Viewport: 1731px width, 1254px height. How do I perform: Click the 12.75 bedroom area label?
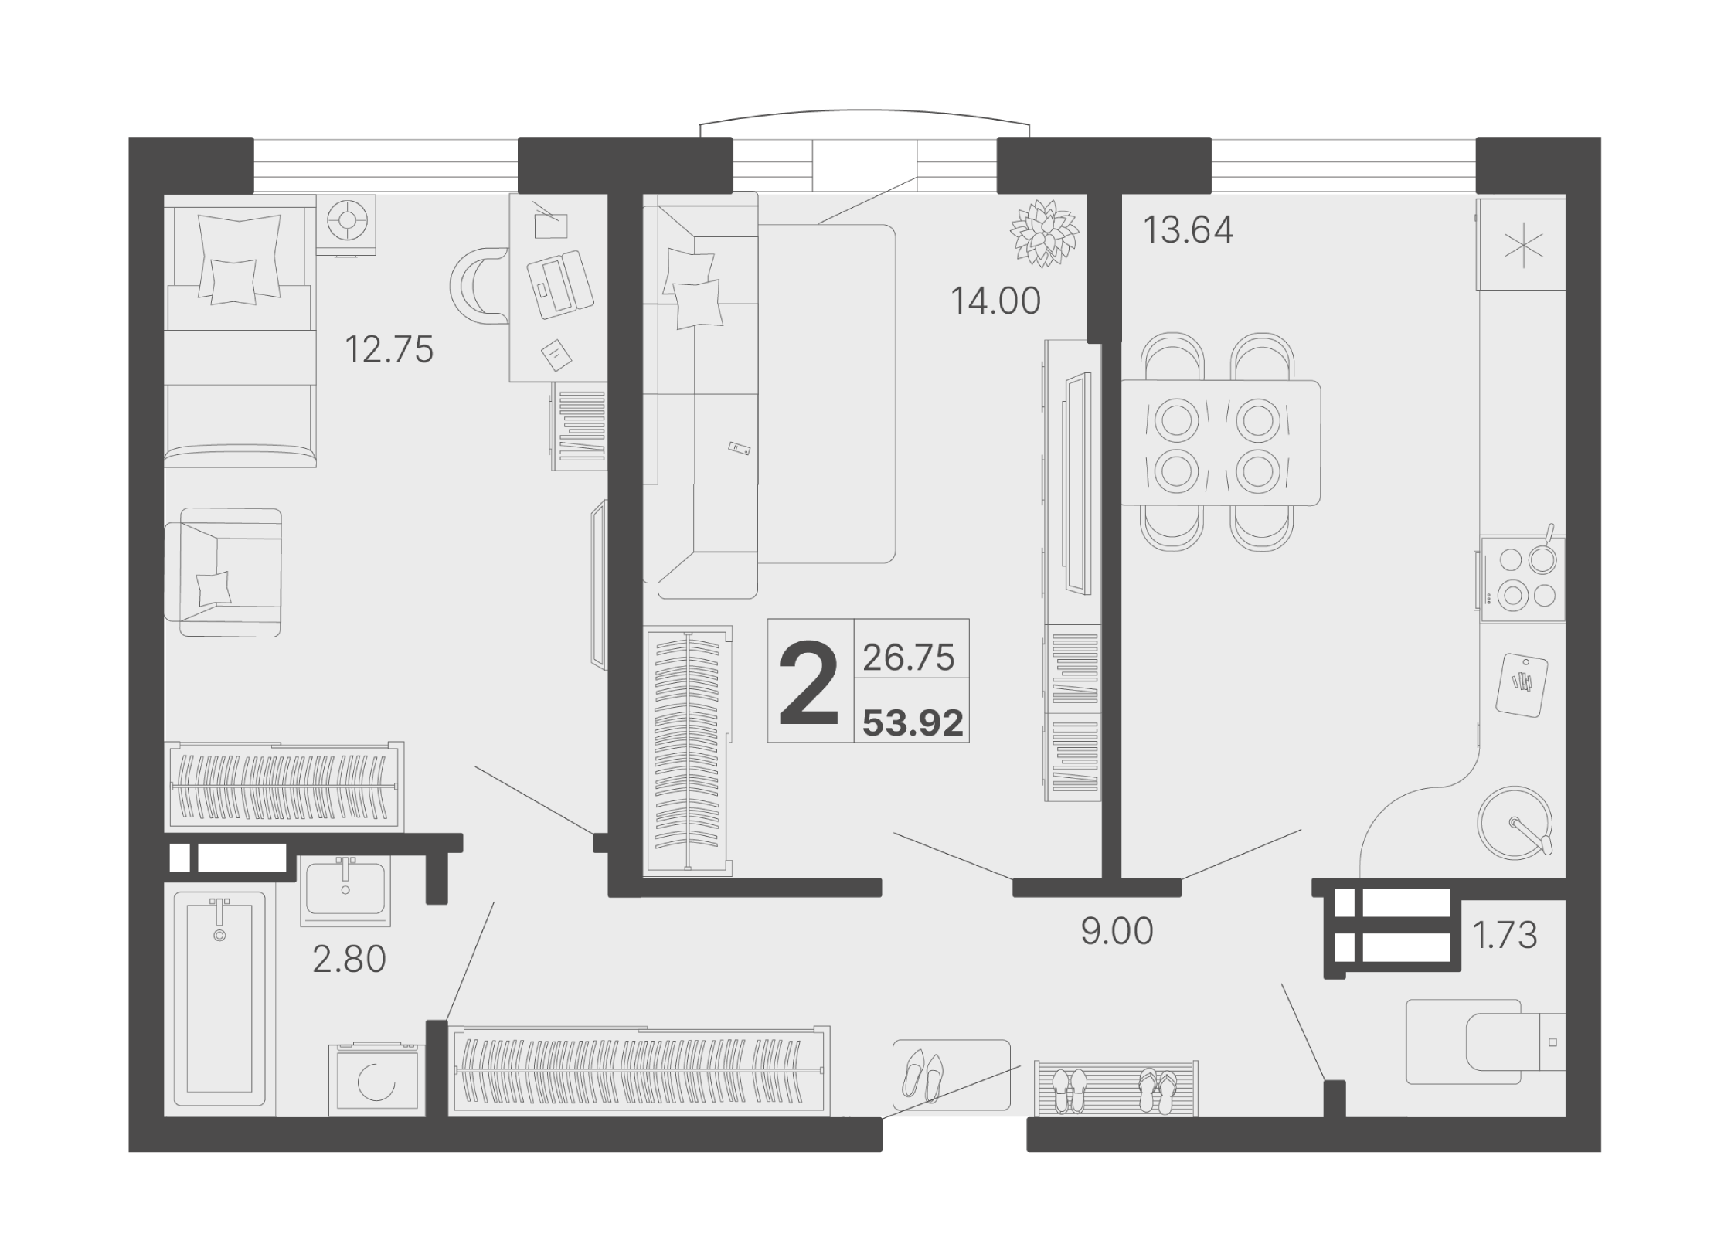coord(389,349)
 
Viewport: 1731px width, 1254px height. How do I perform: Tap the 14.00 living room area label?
coord(995,301)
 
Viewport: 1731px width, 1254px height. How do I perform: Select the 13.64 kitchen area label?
coord(1188,229)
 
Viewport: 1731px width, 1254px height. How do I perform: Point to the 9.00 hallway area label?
coord(1117,932)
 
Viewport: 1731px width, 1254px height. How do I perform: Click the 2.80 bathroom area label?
coord(349,959)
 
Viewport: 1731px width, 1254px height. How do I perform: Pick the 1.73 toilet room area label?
coord(1505,935)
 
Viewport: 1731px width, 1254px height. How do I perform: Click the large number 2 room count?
coord(809,685)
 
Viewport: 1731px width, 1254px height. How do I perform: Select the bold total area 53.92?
coord(913,723)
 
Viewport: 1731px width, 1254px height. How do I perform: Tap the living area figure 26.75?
coord(909,658)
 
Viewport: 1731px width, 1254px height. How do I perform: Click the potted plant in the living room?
coord(1045,233)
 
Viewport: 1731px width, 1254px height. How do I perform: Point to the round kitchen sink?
coord(1515,824)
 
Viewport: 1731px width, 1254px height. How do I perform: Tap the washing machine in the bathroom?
coord(377,1079)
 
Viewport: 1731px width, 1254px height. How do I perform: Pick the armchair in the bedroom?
coord(223,573)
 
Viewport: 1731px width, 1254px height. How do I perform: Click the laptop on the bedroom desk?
coord(560,284)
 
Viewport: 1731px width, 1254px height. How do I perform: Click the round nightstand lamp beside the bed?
coord(347,222)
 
